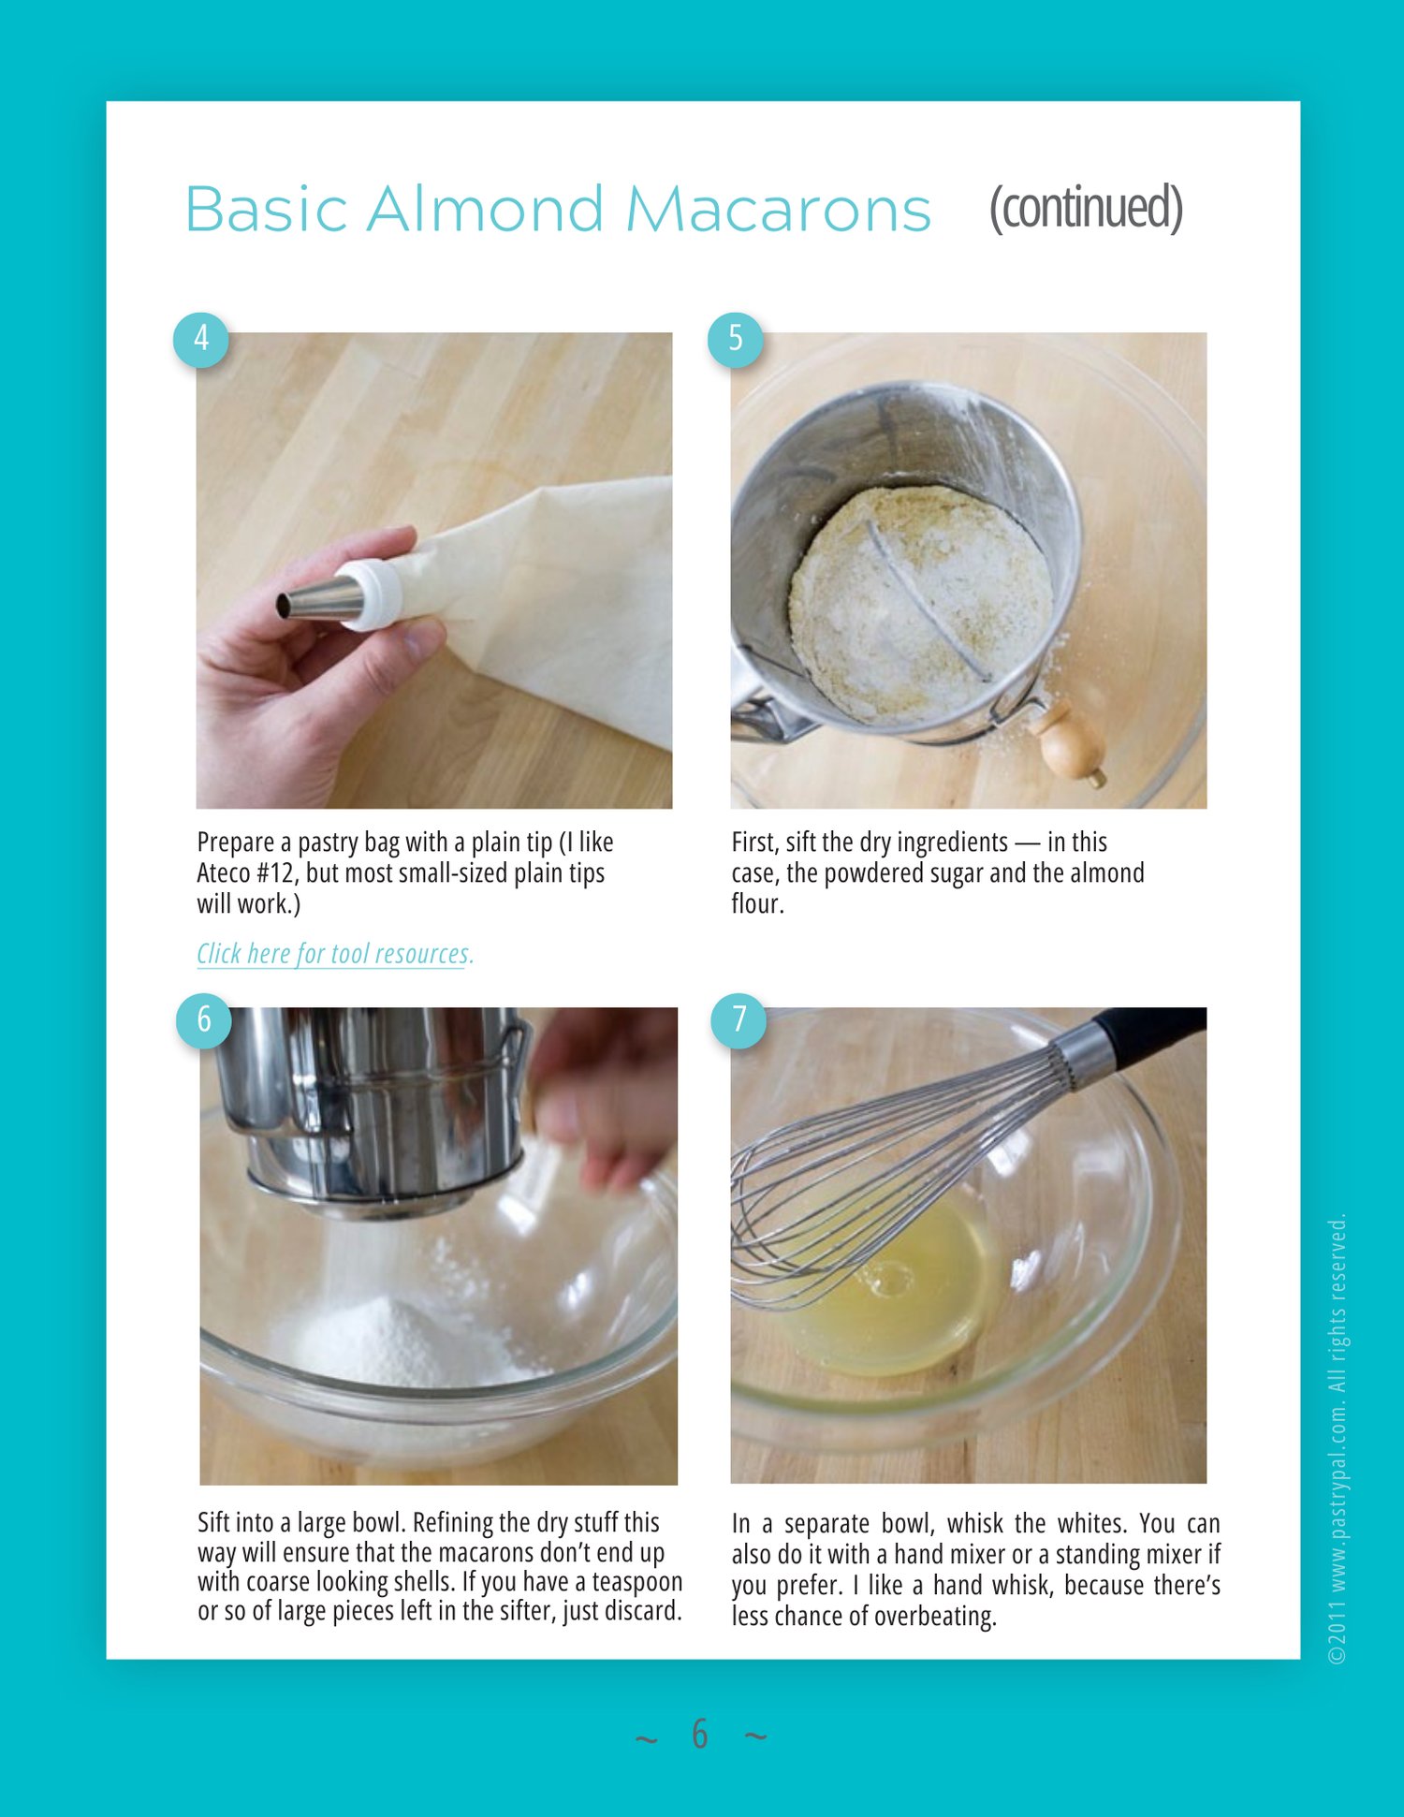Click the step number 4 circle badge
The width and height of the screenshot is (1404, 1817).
tap(201, 339)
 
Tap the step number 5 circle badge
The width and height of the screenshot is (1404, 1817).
tap(736, 339)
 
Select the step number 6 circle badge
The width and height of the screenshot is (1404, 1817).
tap(204, 1020)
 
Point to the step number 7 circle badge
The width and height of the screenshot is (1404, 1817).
tap(739, 1020)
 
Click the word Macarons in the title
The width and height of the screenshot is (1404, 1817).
tap(778, 209)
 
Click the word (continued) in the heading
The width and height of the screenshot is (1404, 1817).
tap(1086, 208)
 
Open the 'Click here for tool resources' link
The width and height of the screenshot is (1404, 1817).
tap(335, 954)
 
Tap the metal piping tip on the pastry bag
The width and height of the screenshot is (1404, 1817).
tap(319, 599)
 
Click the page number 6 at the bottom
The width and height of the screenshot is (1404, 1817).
tap(700, 1735)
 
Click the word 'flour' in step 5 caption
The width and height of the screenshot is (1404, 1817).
tap(756, 903)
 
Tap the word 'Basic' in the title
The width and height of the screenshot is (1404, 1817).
tap(267, 209)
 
